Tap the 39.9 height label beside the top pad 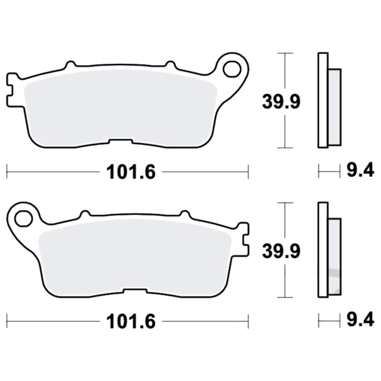coord(281,102)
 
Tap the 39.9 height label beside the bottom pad coord(281,251)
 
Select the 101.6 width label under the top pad coord(131,172)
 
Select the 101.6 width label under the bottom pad coord(131,321)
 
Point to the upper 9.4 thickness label coord(360,171)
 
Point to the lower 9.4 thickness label coord(360,320)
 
